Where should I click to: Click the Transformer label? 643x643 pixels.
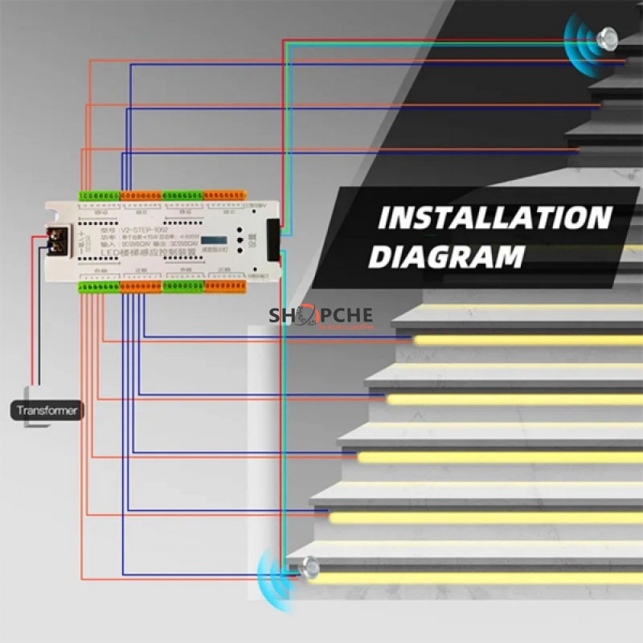pyautogui.click(x=48, y=411)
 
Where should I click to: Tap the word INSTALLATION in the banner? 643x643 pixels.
pyautogui.click(x=494, y=219)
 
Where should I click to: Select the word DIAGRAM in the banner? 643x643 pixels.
pyautogui.click(x=446, y=257)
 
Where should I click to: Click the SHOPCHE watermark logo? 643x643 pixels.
pyautogui.click(x=321, y=316)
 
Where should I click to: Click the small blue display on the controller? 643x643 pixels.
pyautogui.click(x=212, y=240)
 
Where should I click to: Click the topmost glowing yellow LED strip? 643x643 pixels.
pyautogui.click(x=527, y=340)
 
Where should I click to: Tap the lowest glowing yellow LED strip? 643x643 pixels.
pyautogui.click(x=474, y=578)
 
